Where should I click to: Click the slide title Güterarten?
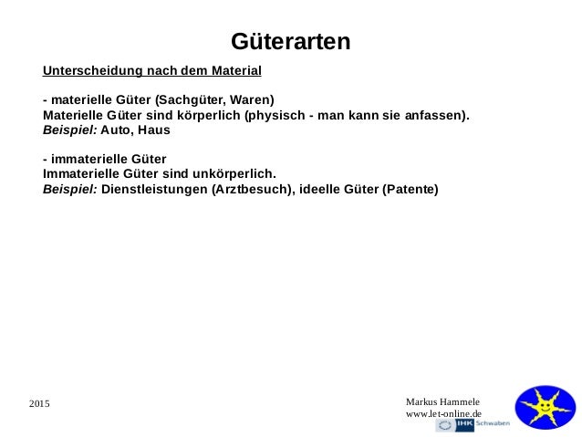point(290,42)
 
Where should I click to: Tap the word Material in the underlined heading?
point(234,70)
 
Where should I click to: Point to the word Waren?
point(248,99)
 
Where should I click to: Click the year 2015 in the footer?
point(40,403)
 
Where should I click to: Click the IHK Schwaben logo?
point(473,425)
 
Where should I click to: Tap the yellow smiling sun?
point(545,407)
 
